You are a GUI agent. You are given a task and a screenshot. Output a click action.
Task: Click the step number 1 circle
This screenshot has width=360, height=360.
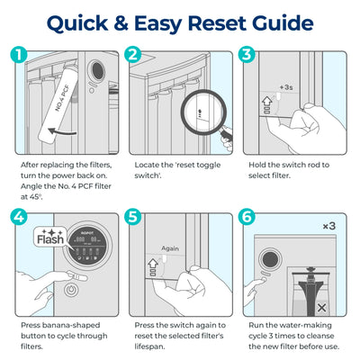click(x=19, y=54)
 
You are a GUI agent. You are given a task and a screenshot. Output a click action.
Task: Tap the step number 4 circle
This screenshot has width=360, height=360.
click(x=19, y=217)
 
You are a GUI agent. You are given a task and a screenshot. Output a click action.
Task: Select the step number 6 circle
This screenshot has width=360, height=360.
click(x=247, y=217)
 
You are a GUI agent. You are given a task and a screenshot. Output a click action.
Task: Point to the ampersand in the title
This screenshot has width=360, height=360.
click(x=121, y=23)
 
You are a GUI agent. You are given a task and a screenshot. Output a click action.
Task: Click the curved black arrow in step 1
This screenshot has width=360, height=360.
click(x=62, y=131)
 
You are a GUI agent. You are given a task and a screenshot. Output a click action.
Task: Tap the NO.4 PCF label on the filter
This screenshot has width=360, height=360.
click(x=62, y=98)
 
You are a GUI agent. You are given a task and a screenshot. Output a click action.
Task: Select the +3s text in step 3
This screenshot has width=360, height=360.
click(x=286, y=87)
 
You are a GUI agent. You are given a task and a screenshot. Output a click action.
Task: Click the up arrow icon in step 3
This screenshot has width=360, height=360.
click(x=266, y=101)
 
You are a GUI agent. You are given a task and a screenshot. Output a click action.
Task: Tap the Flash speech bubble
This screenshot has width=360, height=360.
click(x=49, y=237)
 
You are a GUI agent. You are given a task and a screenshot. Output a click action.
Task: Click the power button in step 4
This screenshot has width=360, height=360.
click(x=70, y=290)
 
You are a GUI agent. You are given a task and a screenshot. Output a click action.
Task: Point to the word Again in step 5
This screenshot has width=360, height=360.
click(x=170, y=248)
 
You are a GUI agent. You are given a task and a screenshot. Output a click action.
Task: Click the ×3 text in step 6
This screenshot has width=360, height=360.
click(x=329, y=226)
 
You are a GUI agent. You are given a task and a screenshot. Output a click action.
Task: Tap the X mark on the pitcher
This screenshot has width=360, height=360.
click(x=321, y=308)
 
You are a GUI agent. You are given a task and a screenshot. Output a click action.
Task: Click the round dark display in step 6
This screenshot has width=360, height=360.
click(x=270, y=259)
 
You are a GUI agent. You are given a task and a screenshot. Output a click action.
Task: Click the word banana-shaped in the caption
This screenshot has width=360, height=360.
click(x=71, y=325)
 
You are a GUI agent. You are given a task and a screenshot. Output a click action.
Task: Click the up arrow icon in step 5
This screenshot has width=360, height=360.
click(x=153, y=264)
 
